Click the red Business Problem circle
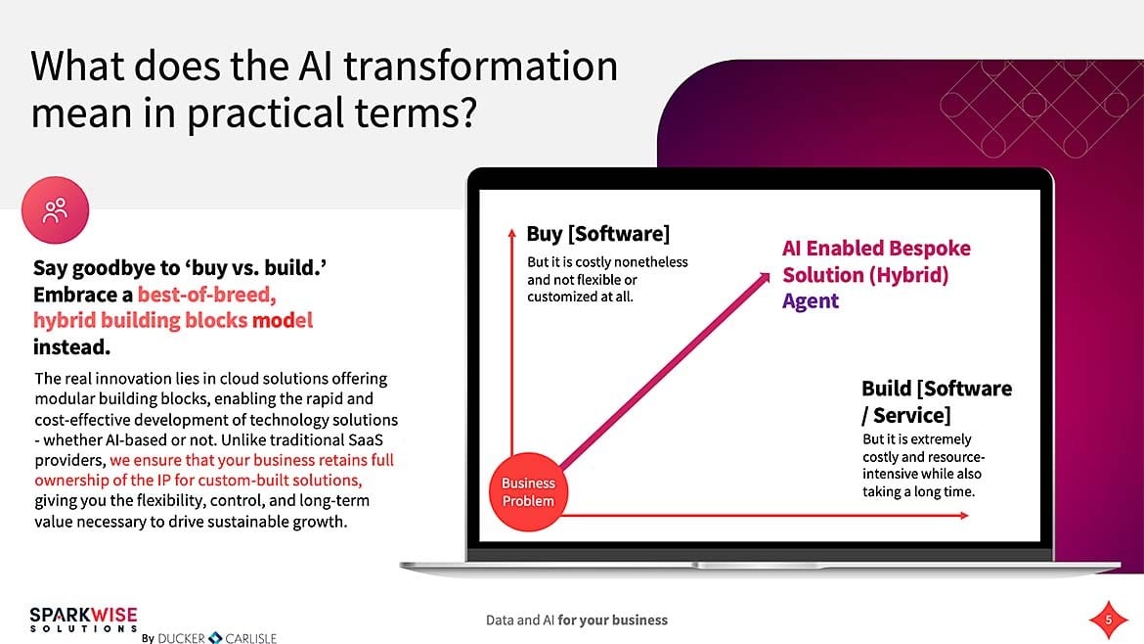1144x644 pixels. pyautogui.click(x=528, y=492)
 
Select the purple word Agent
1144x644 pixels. pyautogui.click(x=811, y=301)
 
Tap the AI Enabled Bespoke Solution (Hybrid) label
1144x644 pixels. pyautogui.click(x=875, y=261)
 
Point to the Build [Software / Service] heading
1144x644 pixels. pyautogui.click(x=936, y=401)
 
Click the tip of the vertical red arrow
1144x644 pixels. pyautogui.click(x=511, y=231)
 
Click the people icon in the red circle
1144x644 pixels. pyautogui.click(x=55, y=209)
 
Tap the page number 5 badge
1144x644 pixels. pyautogui.click(x=1108, y=620)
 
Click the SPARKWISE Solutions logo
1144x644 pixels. pyautogui.click(x=83, y=620)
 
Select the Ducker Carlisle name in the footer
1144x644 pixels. pyautogui.click(x=217, y=638)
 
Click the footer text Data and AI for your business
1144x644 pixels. pyautogui.click(x=577, y=620)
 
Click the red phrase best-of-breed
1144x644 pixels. pyautogui.click(x=206, y=295)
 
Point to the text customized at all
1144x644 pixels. pyautogui.click(x=580, y=297)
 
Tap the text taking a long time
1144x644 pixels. pyautogui.click(x=918, y=490)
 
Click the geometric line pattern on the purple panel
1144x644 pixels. pyautogui.click(x=1017, y=107)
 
